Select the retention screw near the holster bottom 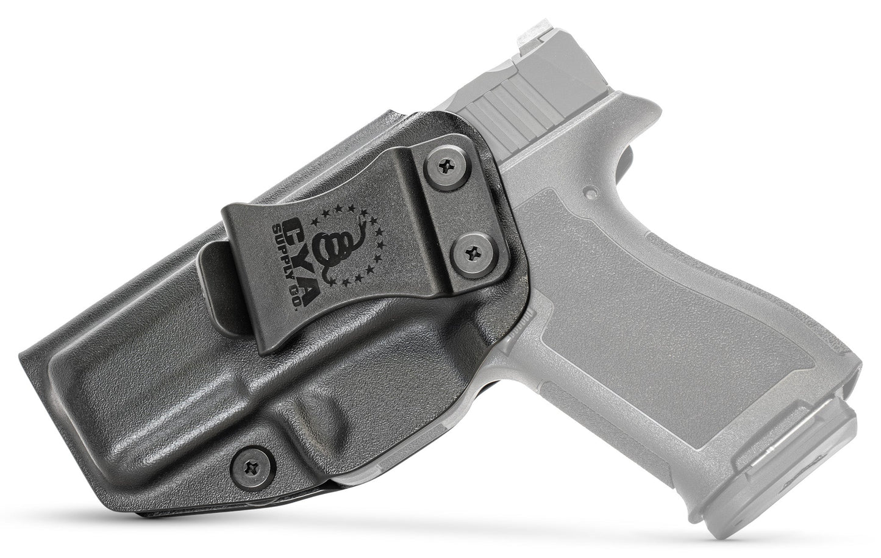251,468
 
